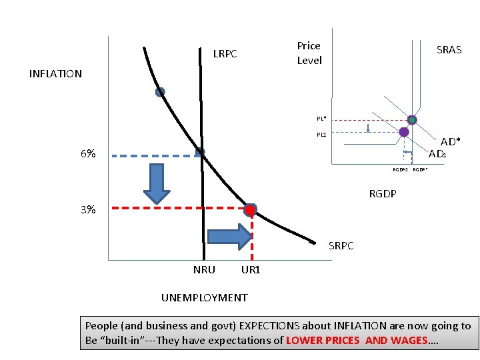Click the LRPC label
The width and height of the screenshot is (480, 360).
225,54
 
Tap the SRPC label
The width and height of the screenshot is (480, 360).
341,246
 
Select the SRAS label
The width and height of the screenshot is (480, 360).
449,50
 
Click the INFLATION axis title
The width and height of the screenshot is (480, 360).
55,74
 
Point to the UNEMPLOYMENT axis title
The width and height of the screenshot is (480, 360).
205,298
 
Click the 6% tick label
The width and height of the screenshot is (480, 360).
88,154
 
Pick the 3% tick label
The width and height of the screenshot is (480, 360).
88,209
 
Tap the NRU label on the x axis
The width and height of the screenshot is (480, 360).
204,270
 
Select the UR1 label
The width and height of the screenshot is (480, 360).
251,270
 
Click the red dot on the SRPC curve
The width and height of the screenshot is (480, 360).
250,210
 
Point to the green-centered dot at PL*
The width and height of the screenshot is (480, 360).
412,120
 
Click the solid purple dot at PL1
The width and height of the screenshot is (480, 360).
404,133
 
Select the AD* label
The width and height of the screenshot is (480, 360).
450,142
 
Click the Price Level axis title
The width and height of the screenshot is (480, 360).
309,53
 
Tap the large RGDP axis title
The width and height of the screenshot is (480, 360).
383,194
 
